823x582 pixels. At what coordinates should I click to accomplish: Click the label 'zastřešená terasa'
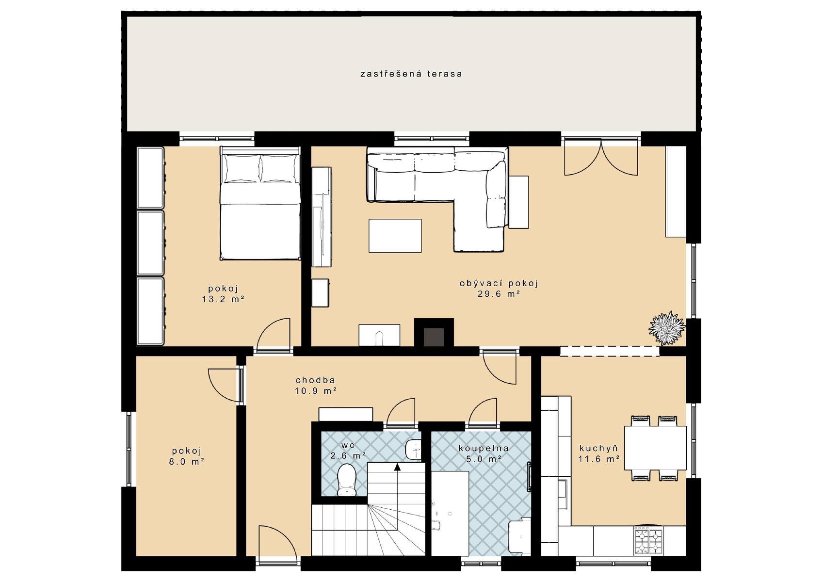(411, 74)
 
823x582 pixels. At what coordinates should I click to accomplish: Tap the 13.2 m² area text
(223, 299)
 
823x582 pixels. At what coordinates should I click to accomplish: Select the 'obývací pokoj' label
(499, 283)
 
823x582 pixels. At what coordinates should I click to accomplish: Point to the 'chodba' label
(316, 380)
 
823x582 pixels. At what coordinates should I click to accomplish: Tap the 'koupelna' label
(484, 448)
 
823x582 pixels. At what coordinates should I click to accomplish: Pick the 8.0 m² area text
(187, 462)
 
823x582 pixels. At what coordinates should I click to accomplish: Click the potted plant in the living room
(667, 328)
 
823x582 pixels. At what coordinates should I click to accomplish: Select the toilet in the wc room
(346, 480)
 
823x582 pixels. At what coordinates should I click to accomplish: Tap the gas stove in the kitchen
(648, 542)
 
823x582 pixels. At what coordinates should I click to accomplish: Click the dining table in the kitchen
(655, 448)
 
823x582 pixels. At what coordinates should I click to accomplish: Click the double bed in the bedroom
(260, 203)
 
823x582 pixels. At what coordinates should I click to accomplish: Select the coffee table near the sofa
(395, 236)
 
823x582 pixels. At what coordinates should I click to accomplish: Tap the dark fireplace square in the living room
(434, 337)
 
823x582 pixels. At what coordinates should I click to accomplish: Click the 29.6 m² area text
(499, 293)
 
